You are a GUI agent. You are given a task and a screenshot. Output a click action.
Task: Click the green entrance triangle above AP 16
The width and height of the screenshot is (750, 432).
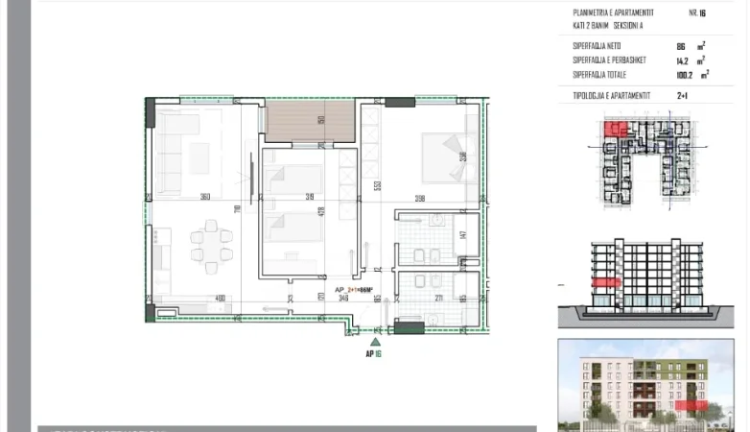376,340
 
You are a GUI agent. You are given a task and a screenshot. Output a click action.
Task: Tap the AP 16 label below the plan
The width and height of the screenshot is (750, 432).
374,353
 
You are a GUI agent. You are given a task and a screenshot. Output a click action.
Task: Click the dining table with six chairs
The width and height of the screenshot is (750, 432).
211,245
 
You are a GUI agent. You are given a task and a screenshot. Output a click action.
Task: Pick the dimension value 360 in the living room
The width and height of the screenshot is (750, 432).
204,197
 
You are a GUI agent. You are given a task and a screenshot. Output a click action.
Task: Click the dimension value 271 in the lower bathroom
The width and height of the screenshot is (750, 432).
437,299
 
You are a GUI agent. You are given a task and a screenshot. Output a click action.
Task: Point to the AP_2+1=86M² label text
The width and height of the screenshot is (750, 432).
353,289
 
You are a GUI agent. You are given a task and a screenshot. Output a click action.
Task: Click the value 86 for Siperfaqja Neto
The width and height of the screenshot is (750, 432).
681,45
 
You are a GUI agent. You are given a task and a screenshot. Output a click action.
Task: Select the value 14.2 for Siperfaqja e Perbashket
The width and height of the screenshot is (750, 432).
683,60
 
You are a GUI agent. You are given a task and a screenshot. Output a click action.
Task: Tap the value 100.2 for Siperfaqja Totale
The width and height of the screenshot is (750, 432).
685,74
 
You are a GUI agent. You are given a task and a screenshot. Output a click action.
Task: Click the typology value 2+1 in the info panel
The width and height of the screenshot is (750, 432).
683,95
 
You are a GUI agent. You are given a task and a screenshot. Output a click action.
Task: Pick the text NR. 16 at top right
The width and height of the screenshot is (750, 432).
697,13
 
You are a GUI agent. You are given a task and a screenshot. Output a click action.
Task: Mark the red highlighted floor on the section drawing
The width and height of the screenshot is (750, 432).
603,282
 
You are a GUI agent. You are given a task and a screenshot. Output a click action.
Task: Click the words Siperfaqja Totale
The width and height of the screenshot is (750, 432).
600,74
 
